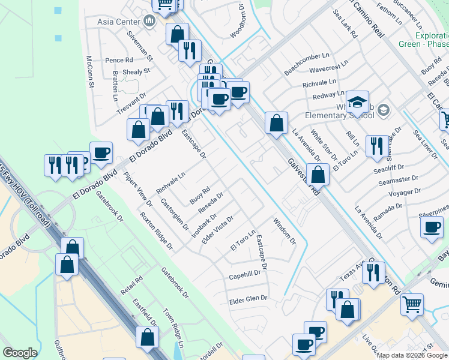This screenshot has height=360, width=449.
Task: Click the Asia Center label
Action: point(118,22)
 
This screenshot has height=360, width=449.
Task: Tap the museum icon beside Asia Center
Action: point(149,22)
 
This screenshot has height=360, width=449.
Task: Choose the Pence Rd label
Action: point(118,60)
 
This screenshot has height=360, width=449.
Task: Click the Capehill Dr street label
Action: point(245,275)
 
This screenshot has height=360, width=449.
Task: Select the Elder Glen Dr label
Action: point(248,298)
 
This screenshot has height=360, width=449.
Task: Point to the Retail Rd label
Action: point(131,287)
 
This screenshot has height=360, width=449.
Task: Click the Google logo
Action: point(20,353)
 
